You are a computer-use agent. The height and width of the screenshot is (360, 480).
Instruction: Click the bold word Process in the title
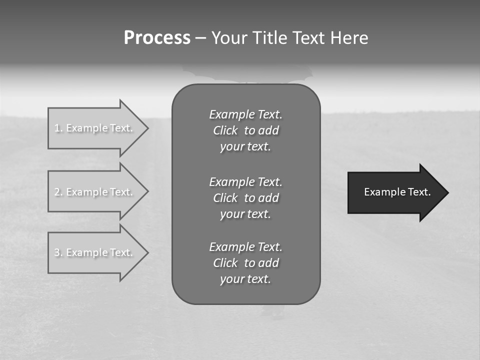(157, 38)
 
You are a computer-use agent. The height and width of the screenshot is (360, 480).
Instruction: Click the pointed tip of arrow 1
(146, 128)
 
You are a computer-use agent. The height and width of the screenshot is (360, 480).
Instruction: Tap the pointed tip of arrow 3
(146, 252)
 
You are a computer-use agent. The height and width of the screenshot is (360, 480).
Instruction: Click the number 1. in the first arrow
(58, 128)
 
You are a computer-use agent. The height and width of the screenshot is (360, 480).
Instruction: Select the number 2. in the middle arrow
(58, 192)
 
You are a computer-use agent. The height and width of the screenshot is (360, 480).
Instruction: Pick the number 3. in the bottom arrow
(58, 252)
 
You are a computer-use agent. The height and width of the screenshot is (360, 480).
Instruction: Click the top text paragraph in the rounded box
(245, 130)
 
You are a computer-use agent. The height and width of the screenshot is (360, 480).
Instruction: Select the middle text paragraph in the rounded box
(245, 198)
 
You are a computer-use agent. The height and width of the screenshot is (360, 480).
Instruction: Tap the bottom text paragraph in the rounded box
(245, 263)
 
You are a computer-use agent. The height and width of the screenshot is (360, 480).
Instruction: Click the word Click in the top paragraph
(225, 130)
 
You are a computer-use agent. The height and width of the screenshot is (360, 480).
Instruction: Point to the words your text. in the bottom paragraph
(245, 279)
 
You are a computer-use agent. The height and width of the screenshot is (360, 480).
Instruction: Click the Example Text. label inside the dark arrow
(397, 192)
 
